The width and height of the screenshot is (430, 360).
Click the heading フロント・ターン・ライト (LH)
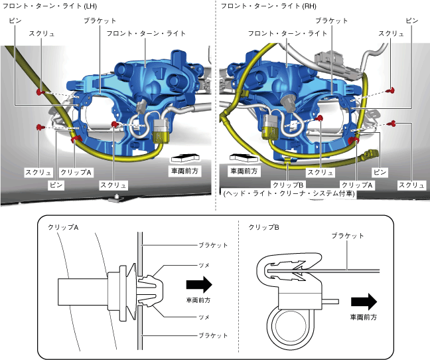pos(50,6)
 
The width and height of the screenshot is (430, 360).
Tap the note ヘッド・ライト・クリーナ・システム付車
pos(289,194)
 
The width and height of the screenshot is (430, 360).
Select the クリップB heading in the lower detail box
pos(263,228)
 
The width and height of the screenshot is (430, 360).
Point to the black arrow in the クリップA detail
pos(198,286)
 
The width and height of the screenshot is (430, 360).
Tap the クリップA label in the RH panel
pos(355,184)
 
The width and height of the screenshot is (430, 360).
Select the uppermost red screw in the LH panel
pos(40,90)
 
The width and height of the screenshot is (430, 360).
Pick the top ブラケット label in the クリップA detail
pos(213,245)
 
